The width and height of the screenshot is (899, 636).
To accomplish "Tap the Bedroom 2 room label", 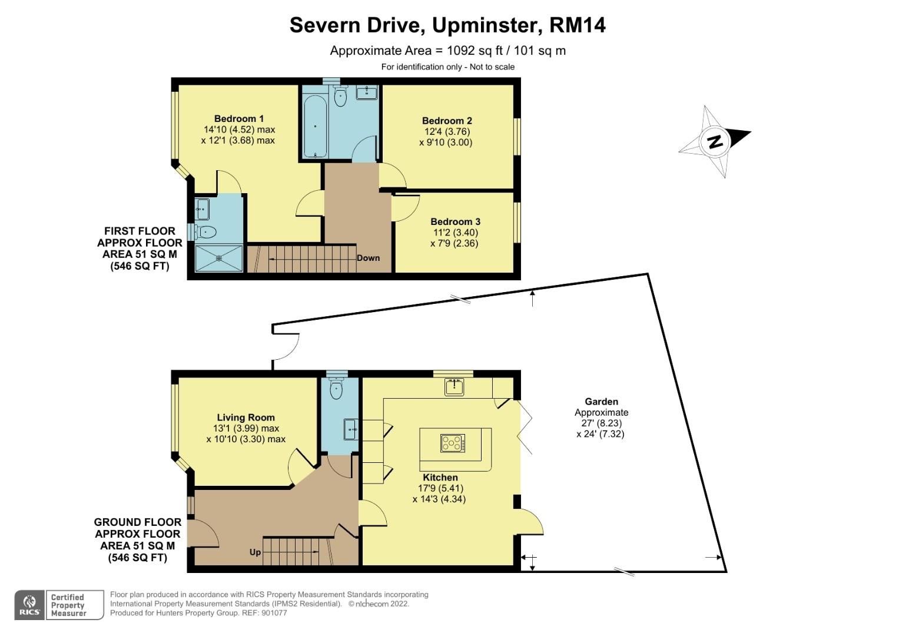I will pyautogui.click(x=447, y=121).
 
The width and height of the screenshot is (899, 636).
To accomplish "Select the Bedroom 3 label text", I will pyautogui.click(x=455, y=221).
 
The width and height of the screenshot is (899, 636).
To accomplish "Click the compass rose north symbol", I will pyautogui.click(x=715, y=141).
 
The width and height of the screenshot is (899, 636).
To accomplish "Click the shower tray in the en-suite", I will pyautogui.click(x=218, y=258).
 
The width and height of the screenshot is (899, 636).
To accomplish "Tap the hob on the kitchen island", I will pyautogui.click(x=452, y=443).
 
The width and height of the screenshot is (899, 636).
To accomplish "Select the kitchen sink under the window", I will pyautogui.click(x=454, y=387).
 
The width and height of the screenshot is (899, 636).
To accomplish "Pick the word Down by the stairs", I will pyautogui.click(x=368, y=258).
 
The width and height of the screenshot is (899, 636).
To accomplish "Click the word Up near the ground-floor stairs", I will pyautogui.click(x=255, y=552).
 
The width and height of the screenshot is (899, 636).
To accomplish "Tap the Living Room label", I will pyautogui.click(x=246, y=418).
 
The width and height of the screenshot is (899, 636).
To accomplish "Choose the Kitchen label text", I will pyautogui.click(x=440, y=478).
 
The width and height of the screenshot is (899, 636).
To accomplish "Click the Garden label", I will pyautogui.click(x=601, y=402).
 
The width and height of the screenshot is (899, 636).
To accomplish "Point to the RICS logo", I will pyautogui.click(x=29, y=605).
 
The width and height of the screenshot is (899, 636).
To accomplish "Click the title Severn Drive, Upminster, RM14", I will pyautogui.click(x=447, y=25).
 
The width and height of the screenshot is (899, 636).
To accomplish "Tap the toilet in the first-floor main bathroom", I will pyautogui.click(x=340, y=97).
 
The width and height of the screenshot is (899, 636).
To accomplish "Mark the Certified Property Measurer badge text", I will pyautogui.click(x=68, y=605).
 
